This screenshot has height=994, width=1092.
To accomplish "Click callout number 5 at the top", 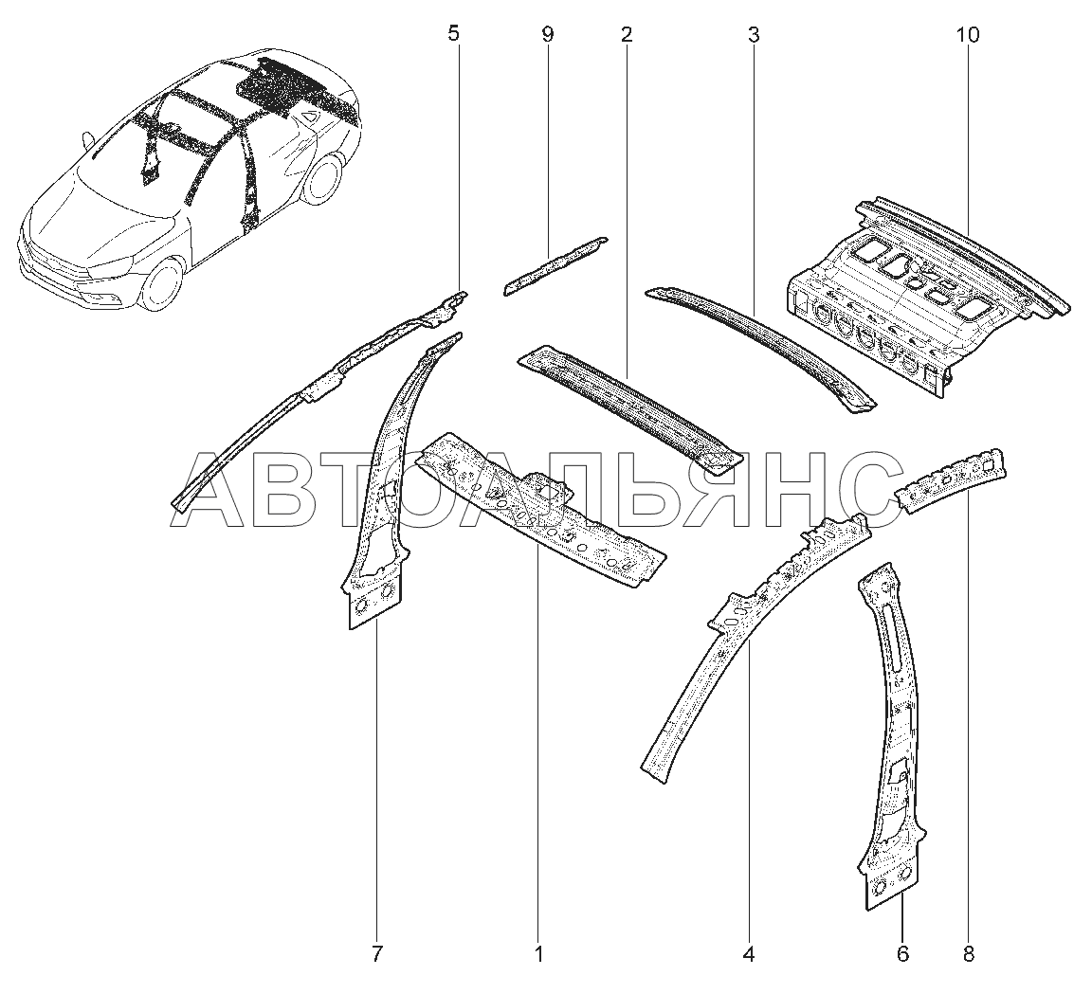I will click(x=452, y=35).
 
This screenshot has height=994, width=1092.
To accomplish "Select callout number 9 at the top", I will click(x=547, y=35).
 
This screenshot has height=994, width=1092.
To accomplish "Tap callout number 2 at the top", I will click(x=626, y=35).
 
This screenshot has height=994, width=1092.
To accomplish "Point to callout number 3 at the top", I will click(x=753, y=35).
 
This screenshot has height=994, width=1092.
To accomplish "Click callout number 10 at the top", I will click(x=968, y=35).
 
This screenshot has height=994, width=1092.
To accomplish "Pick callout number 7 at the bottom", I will click(x=376, y=953).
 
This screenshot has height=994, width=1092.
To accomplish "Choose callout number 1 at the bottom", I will click(x=538, y=953).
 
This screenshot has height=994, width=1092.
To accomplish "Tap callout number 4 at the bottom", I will click(x=749, y=953).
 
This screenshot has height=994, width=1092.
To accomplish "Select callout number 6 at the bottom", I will click(x=902, y=953).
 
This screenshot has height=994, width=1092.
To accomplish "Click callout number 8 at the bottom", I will click(x=968, y=953).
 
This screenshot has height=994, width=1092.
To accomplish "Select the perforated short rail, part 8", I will click(x=953, y=480).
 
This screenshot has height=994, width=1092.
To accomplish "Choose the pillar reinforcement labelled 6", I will click(x=891, y=739).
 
